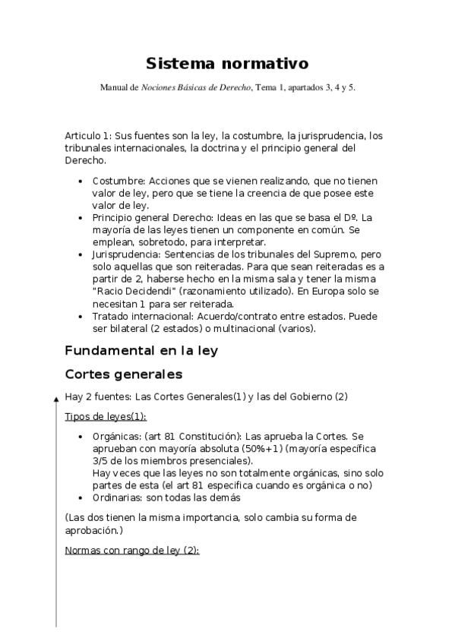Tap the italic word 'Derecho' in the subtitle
coord(234,88)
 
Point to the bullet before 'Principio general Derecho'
coord(81,217)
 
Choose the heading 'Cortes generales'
coord(123,374)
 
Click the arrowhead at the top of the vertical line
coord(55,396)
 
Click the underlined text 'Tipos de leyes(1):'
coord(106,417)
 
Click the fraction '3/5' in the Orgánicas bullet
coord(100,460)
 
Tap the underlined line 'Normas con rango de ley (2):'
coord(131,550)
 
